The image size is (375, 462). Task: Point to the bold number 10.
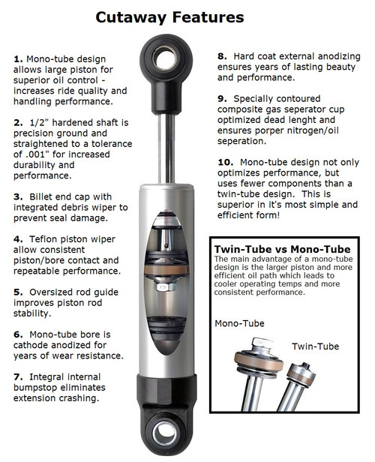tap(225, 162)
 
